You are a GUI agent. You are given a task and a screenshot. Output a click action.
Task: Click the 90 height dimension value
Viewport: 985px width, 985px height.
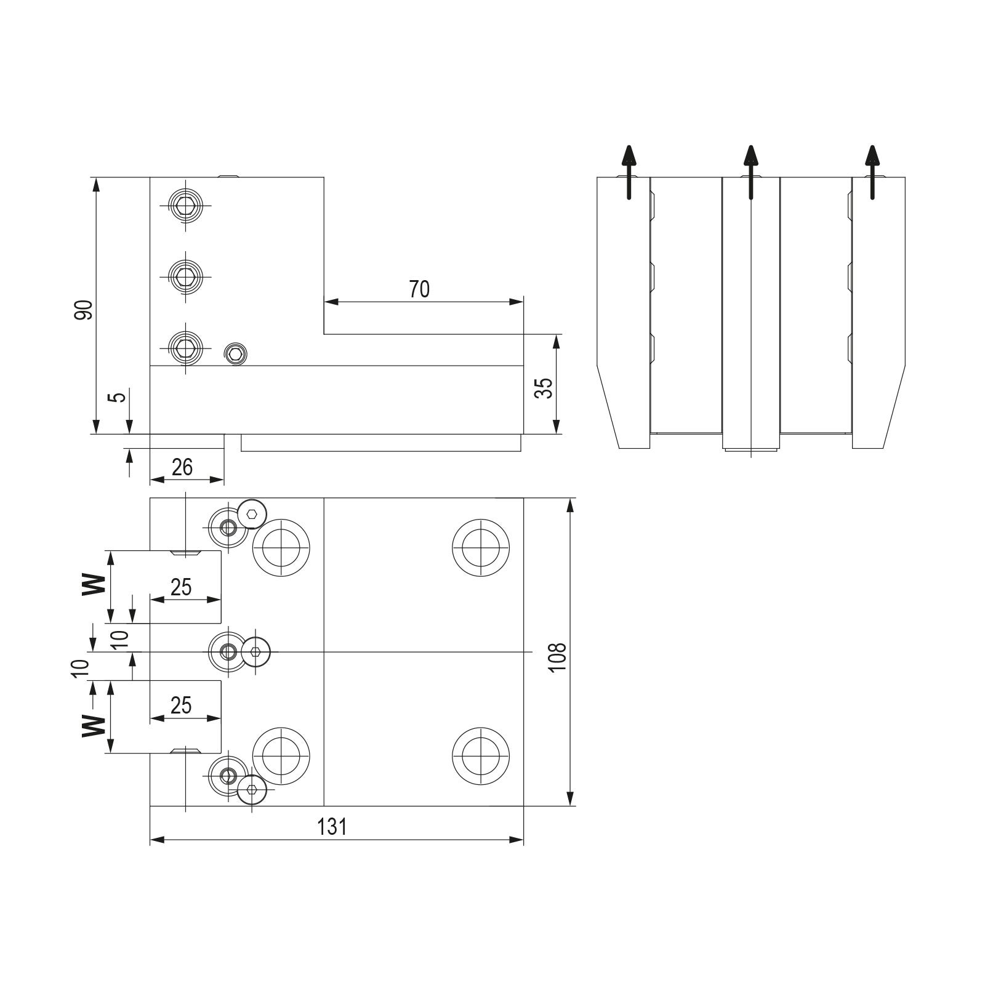click(84, 310)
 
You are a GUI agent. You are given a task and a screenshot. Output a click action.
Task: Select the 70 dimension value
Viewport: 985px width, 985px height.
click(419, 289)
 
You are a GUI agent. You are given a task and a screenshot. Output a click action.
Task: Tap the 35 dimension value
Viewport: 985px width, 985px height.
click(544, 388)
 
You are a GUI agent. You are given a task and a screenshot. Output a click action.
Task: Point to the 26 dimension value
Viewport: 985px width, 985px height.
click(182, 467)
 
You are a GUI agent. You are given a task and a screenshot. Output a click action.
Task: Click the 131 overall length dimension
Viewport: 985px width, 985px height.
click(332, 827)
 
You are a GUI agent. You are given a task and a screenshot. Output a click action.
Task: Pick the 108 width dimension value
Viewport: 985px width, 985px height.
click(557, 657)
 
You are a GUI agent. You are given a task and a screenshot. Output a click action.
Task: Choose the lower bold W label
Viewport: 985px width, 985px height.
click(94, 725)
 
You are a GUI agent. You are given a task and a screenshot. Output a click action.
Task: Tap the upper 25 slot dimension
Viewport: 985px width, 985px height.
click(181, 587)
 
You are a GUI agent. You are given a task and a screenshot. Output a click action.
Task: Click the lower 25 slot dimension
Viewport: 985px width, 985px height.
click(181, 705)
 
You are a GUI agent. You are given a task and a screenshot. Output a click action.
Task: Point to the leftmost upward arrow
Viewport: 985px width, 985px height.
click(629, 172)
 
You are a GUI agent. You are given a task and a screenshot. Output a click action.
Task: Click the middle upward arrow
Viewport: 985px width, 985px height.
click(750, 172)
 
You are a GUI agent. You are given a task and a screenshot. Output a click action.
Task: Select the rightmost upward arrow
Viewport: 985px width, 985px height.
click(872, 172)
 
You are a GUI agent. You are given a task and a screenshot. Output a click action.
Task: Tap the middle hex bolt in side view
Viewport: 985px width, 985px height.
click(185, 276)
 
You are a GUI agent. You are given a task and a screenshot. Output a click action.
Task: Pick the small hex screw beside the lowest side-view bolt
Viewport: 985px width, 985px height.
click(235, 353)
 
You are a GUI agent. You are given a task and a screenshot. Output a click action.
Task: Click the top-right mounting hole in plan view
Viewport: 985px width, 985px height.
click(481, 547)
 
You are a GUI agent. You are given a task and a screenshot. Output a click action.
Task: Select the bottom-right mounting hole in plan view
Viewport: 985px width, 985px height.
click(481, 755)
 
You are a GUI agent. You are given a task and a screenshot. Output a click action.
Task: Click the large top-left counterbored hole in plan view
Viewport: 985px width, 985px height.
click(281, 547)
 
